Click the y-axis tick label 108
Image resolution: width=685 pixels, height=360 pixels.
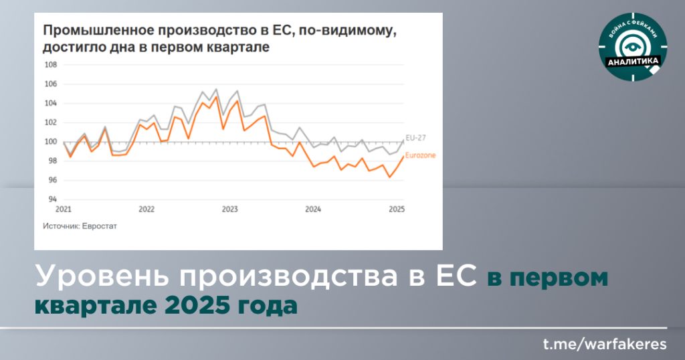point(51,65)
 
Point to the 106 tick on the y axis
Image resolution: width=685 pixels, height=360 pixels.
point(51,84)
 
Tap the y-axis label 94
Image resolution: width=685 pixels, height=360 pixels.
point(52,199)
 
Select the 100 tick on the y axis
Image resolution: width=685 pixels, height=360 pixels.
point(51,142)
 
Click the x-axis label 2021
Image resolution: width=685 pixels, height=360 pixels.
point(64,209)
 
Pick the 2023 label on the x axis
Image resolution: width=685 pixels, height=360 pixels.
point(230,209)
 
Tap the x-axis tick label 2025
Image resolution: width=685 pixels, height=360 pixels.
point(397,209)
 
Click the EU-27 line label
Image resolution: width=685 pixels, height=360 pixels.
point(415,138)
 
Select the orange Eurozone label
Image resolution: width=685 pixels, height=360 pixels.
point(420,155)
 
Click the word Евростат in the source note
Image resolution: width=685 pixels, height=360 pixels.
point(100,226)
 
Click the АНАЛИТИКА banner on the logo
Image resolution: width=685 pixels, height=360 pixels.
point(633,61)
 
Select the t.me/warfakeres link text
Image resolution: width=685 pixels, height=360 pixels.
point(605,344)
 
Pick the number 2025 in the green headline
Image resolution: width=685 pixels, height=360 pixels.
point(197,305)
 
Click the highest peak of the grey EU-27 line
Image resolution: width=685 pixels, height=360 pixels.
point(216,89)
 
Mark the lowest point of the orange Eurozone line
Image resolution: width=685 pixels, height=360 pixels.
point(390,177)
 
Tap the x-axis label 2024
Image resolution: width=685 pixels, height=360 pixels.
point(313,209)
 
